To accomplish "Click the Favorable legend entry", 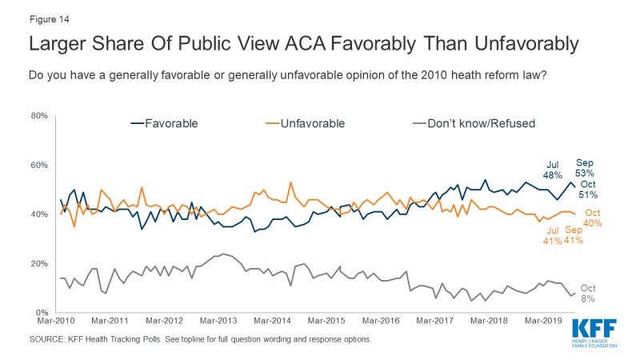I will [x=164, y=123].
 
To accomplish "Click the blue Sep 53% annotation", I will [x=586, y=166].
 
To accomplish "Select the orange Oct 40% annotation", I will [x=592, y=218].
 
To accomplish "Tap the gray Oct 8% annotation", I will [x=588, y=293].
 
